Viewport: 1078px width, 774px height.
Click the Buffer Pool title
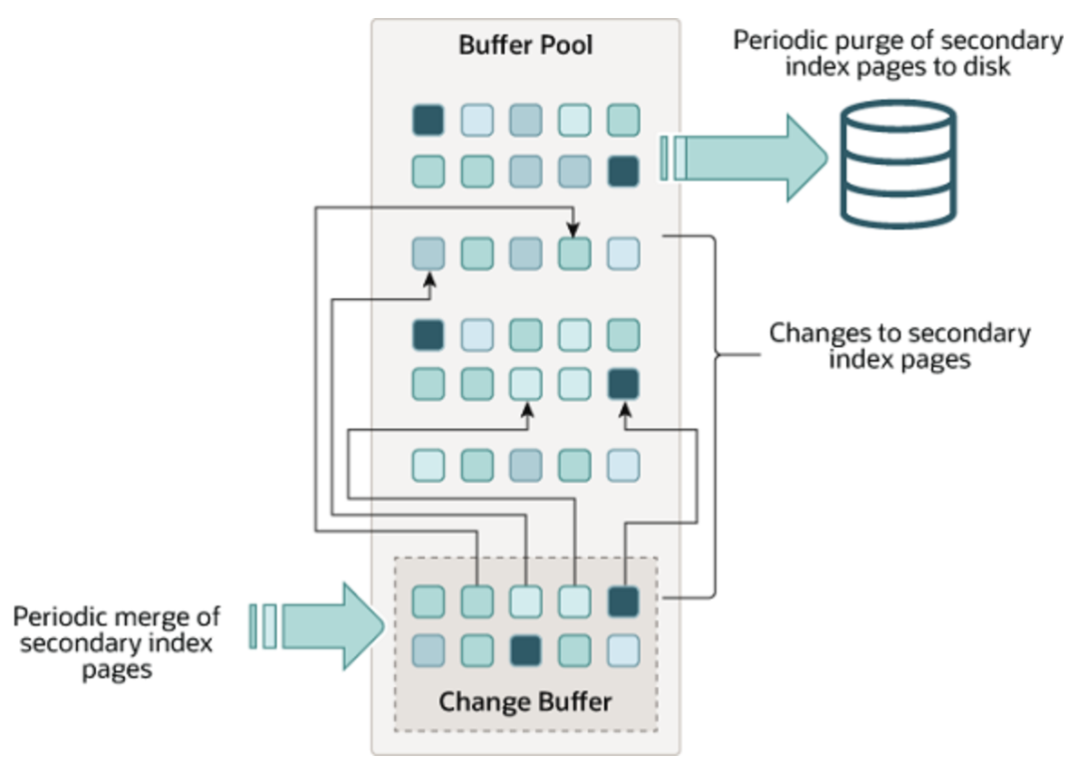[525, 45]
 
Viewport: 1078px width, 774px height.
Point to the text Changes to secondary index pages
[898, 346]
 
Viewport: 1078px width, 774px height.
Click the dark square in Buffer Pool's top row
[428, 121]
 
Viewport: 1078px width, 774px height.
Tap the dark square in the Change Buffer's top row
[624, 601]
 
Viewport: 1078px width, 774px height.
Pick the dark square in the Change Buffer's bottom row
[526, 650]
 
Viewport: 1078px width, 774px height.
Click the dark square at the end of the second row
[624, 172]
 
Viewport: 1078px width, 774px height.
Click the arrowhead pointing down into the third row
[574, 231]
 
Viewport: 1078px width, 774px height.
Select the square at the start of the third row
[428, 252]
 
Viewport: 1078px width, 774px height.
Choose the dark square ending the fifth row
[624, 383]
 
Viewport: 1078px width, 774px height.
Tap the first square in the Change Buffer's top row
[428, 601]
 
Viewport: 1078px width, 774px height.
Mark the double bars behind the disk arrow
[672, 160]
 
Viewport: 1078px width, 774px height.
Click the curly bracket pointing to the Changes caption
[714, 354]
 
